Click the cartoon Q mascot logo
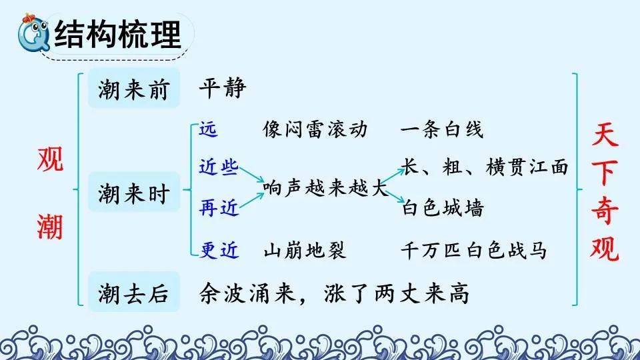click(x=33, y=33)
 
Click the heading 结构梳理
click(x=117, y=34)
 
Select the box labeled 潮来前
click(x=134, y=88)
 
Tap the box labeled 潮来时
click(x=134, y=192)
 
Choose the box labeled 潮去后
click(x=134, y=292)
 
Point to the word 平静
click(x=223, y=87)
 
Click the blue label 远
click(x=208, y=129)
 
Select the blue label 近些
click(x=219, y=167)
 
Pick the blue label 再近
click(x=219, y=208)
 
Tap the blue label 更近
click(x=219, y=249)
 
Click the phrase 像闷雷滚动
click(x=315, y=129)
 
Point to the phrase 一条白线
click(x=442, y=129)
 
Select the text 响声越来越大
click(x=325, y=187)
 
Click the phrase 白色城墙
click(x=443, y=208)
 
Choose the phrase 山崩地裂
click(x=305, y=250)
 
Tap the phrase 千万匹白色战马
click(x=473, y=250)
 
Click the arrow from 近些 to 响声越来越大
click(x=252, y=174)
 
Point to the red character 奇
click(x=605, y=209)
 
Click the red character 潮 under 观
click(x=50, y=227)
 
